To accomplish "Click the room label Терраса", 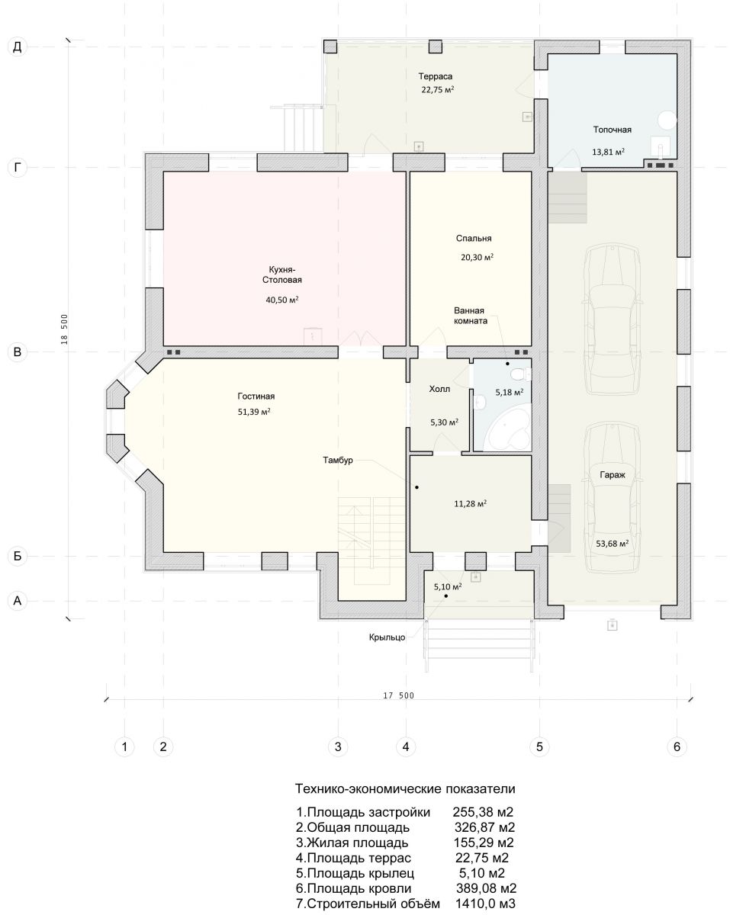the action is [x=436, y=76].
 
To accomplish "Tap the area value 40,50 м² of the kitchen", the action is [x=282, y=300].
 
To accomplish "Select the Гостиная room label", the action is [x=256, y=396].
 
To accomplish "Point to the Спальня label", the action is [x=474, y=239].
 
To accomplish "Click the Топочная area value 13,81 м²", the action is [x=609, y=152].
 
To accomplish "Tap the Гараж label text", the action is [x=613, y=475].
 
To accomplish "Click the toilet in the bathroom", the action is [x=521, y=374].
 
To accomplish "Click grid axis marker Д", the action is [x=18, y=47].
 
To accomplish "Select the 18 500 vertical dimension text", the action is [x=64, y=329].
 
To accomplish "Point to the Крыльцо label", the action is [x=388, y=637].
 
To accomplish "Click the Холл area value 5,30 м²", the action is [x=444, y=422].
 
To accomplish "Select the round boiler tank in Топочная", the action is [x=667, y=120].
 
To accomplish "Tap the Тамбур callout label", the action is [x=338, y=460].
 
